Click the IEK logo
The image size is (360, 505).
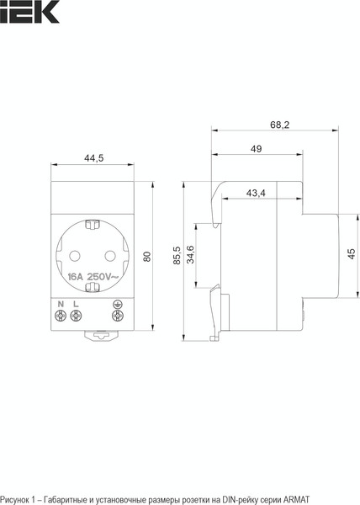click(x=29, y=12)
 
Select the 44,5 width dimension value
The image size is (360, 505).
click(x=94, y=158)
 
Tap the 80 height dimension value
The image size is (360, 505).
click(x=147, y=257)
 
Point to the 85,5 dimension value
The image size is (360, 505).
click(x=177, y=256)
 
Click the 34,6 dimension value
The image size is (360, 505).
click(x=190, y=254)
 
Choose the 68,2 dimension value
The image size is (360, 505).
click(x=279, y=125)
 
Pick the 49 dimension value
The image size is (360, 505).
click(x=256, y=149)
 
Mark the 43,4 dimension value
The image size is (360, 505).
click(x=256, y=193)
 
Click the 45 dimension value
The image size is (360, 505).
click(x=352, y=253)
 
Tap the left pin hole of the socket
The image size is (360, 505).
click(x=75, y=256)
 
